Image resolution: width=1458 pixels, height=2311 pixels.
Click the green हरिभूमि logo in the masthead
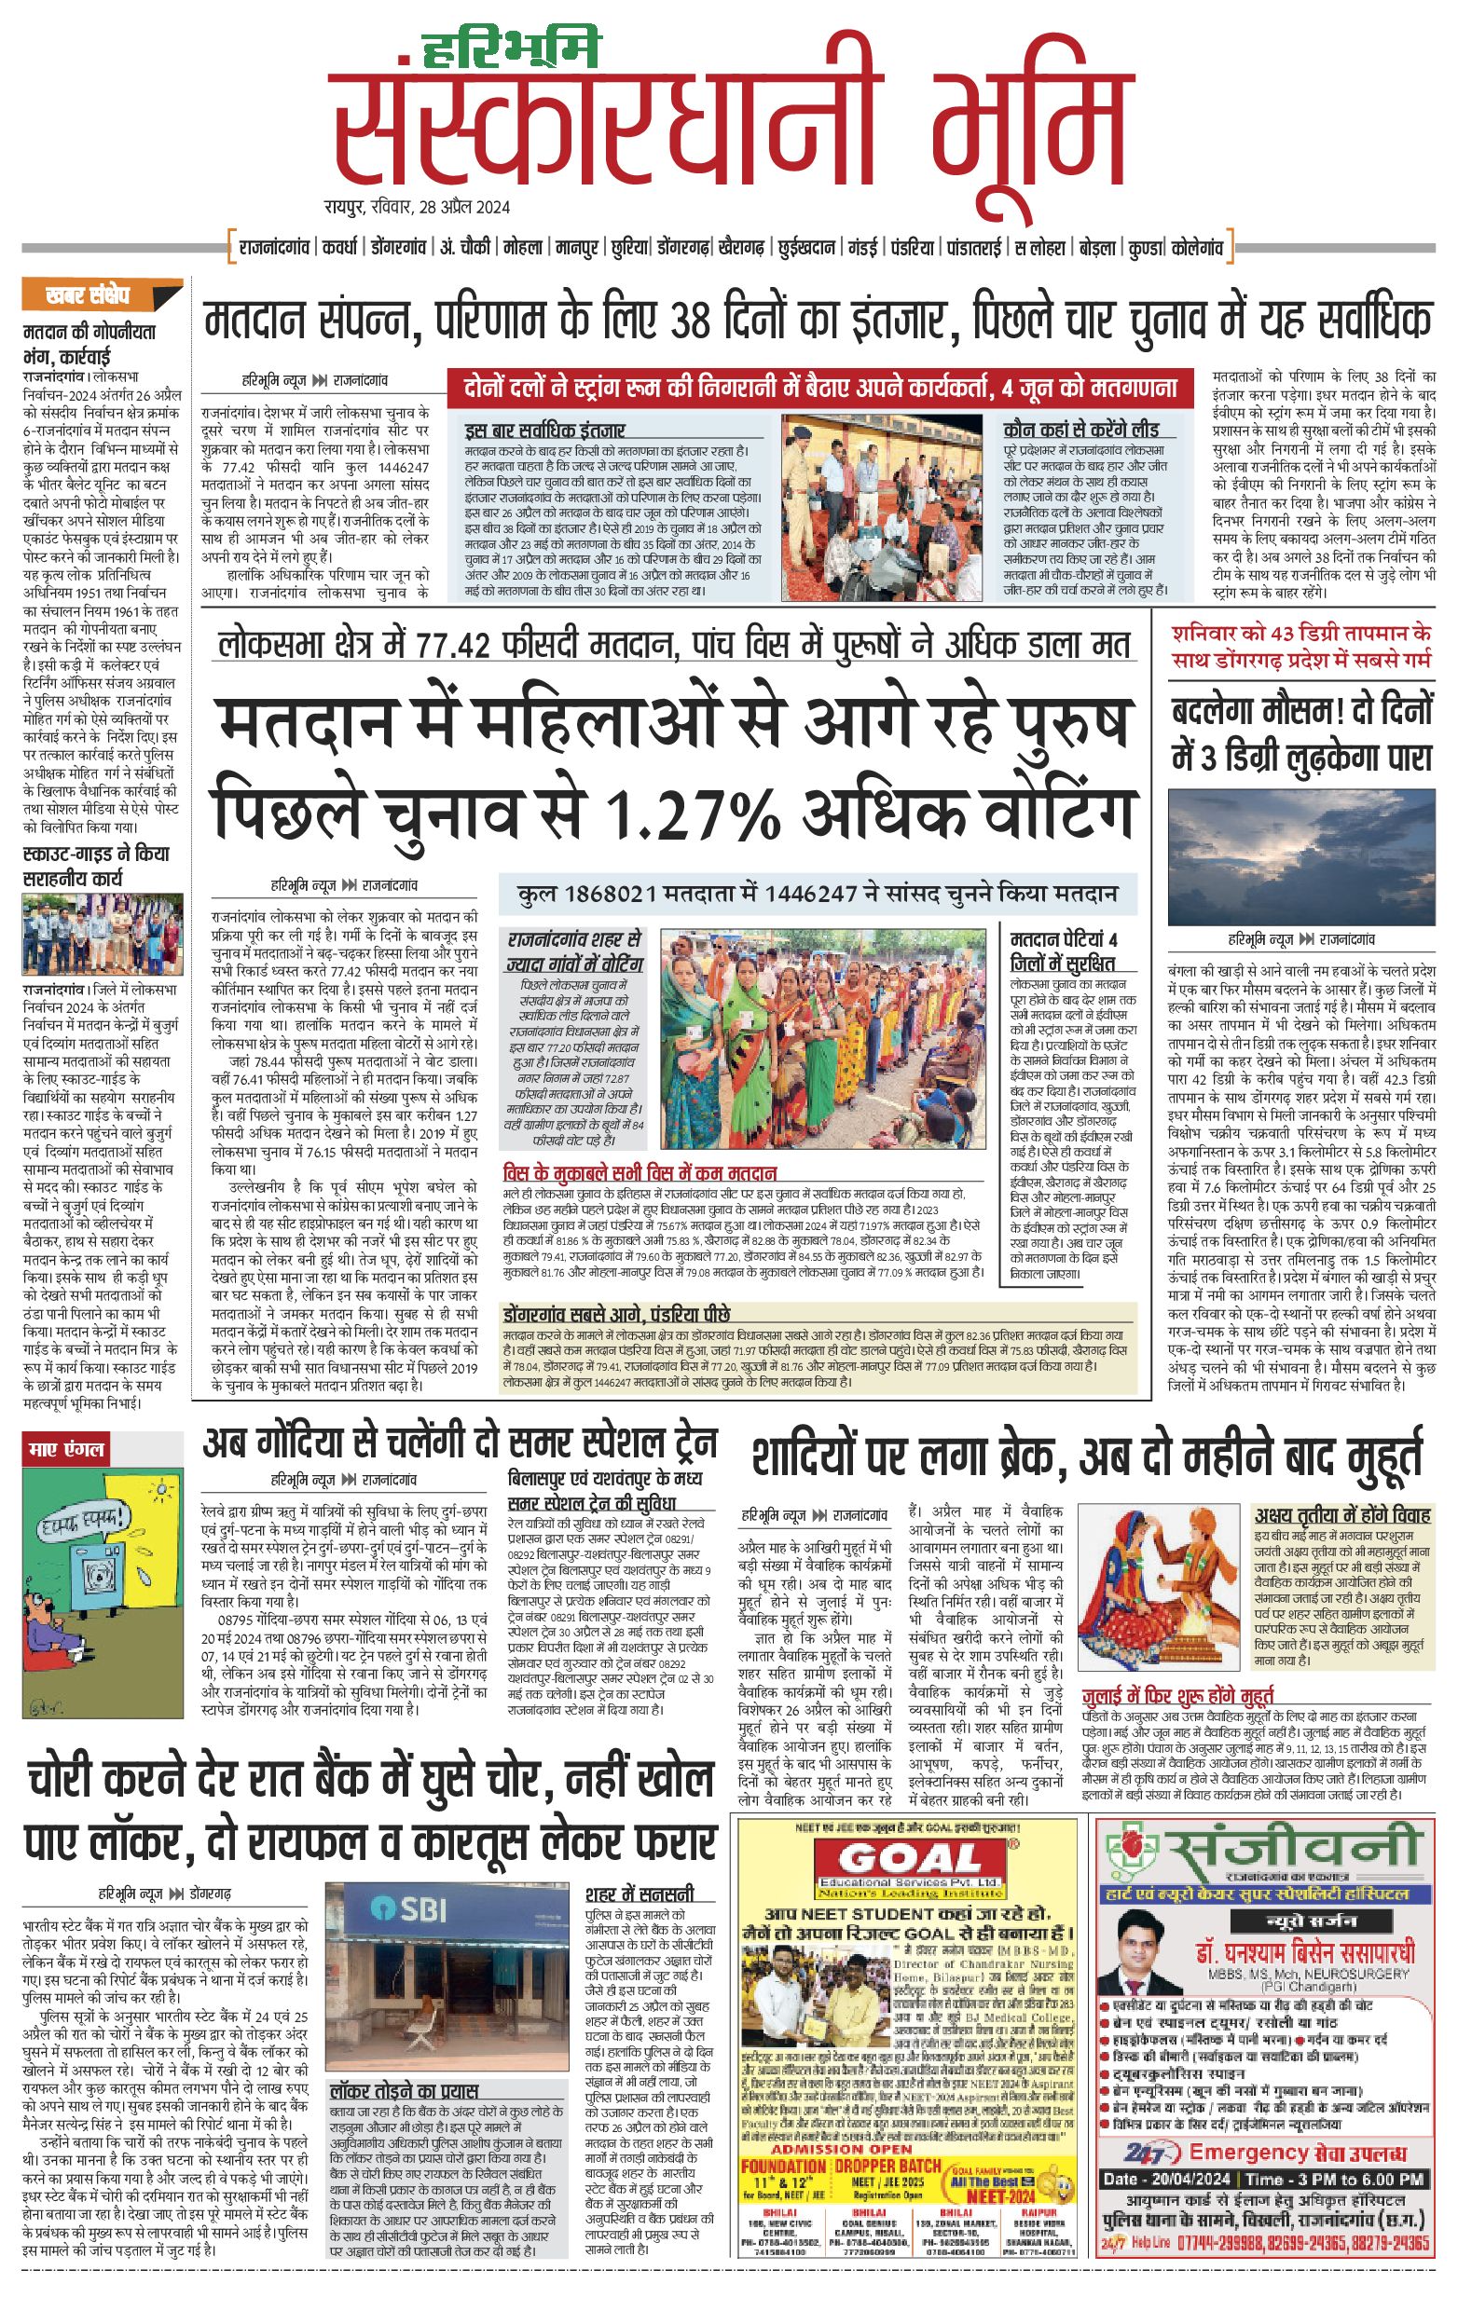pyautogui.click(x=511, y=50)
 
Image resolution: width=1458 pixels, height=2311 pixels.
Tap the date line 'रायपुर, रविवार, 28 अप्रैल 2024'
pyautogui.click(x=417, y=207)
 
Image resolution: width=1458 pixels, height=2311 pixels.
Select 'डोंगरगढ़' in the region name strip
pyautogui.click(x=683, y=248)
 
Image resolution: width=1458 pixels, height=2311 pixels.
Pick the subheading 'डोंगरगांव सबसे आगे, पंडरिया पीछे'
pyautogui.click(x=616, y=1314)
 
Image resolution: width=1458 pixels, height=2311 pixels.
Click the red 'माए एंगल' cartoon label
pyautogui.click(x=66, y=1448)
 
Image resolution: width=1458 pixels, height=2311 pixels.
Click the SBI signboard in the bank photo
pyautogui.click(x=413, y=1908)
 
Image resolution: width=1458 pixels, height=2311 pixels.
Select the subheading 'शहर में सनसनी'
pyautogui.click(x=640, y=1894)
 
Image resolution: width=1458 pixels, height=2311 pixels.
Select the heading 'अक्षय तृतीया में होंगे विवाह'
pyautogui.click(x=1341, y=1516)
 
